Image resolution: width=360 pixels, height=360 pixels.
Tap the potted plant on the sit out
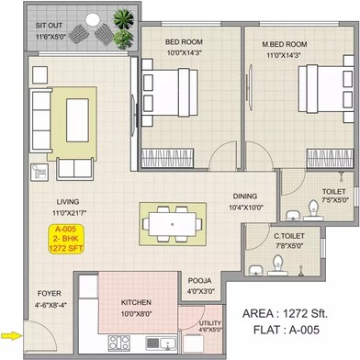tap(121, 17)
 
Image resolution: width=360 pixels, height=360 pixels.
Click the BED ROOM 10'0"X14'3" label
tap(185, 47)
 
